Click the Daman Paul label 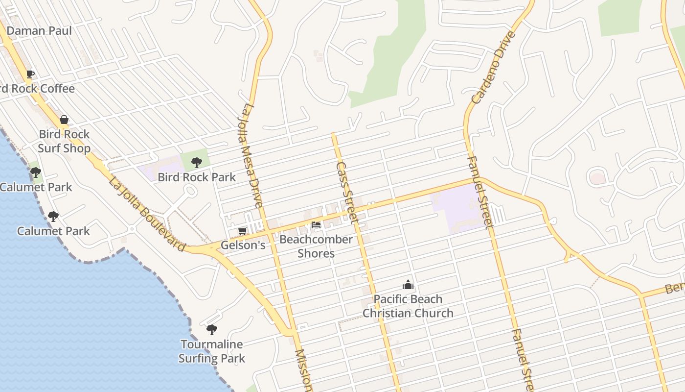(x=39, y=31)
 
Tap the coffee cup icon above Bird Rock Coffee (x=30, y=74)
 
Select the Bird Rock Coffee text (x=38, y=89)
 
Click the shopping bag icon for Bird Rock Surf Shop (x=64, y=120)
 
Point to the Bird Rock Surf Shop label (x=64, y=141)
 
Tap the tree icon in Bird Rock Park (x=196, y=162)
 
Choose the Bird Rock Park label (x=197, y=177)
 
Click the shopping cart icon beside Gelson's (x=242, y=231)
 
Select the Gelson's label (x=243, y=245)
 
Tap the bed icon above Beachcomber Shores (x=316, y=225)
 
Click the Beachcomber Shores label (x=316, y=246)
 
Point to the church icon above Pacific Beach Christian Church (x=408, y=285)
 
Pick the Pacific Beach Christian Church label (x=408, y=306)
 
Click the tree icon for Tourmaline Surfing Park (x=211, y=330)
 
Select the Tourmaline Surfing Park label (x=211, y=351)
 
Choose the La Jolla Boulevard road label (x=147, y=214)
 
